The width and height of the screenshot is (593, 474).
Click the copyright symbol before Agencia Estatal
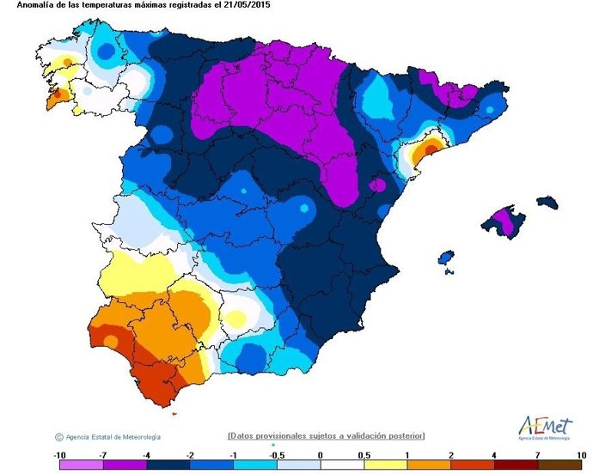[58, 436]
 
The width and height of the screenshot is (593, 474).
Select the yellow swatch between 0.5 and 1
[385, 465]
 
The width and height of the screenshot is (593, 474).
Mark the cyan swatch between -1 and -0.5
[254, 465]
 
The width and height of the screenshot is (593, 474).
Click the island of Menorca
[547, 203]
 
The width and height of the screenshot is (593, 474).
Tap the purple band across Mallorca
[506, 222]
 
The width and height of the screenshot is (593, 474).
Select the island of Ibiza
[445, 257]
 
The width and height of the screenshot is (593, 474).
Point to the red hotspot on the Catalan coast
[425, 151]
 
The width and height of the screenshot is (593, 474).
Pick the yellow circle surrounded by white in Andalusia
[235, 318]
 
